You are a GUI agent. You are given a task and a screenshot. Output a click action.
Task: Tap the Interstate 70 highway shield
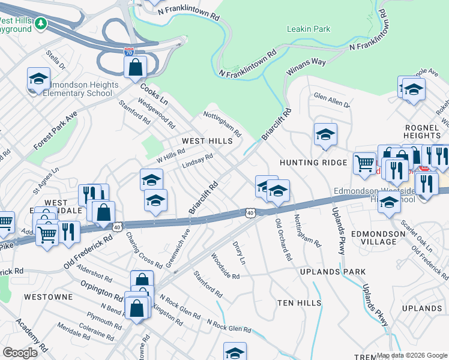129,52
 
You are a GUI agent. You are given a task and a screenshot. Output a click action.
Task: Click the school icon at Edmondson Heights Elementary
38,79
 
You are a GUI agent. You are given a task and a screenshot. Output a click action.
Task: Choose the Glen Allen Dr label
331,100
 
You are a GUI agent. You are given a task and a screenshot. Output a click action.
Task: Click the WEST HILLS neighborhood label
207,140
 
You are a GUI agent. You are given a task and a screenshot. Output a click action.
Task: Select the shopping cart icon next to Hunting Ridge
364,163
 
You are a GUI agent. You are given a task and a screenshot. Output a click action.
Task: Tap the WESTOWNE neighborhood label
49,297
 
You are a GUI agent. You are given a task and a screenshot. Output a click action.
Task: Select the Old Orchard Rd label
283,239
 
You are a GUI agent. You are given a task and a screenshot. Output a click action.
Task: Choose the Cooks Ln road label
154,94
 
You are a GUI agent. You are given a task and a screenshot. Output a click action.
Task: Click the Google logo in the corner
20,353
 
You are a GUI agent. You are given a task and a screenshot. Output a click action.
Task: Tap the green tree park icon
40,23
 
